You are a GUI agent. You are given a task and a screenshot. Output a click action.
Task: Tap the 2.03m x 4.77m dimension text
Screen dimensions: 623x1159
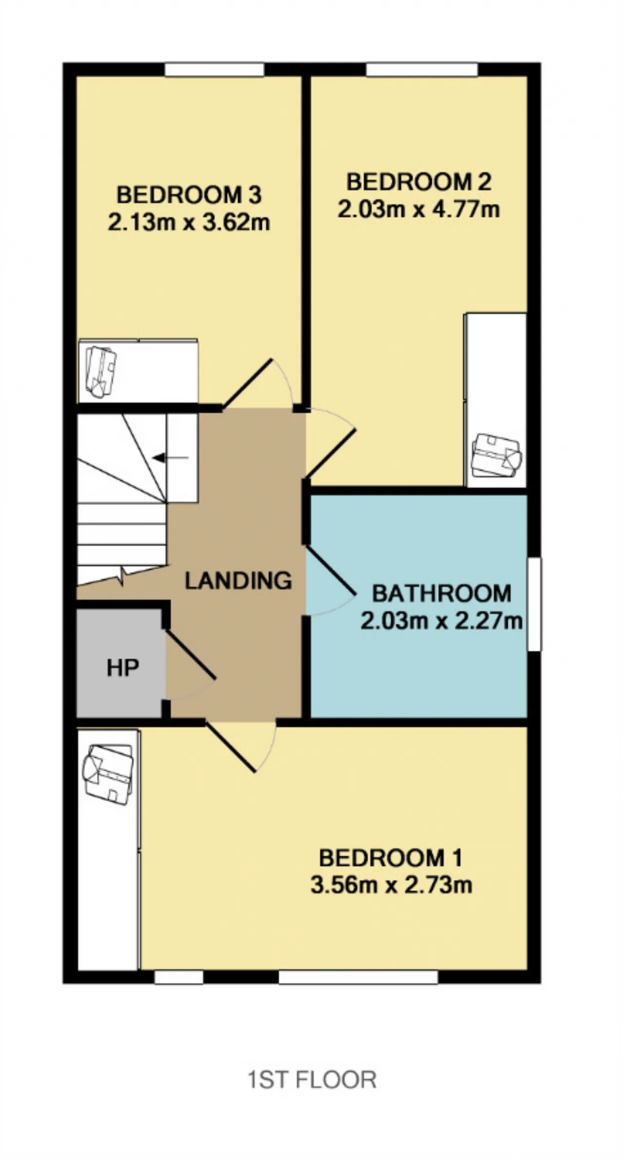click(419, 210)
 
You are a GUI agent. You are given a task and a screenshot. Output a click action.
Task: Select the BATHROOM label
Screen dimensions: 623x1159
click(441, 593)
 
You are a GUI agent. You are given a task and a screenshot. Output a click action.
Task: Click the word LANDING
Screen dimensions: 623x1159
click(238, 580)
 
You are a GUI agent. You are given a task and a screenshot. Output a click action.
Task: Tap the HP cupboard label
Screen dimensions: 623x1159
click(123, 668)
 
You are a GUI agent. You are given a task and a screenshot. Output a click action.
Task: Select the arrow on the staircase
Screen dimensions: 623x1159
click(170, 457)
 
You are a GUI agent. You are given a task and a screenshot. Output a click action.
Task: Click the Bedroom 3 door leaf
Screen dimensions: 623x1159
click(248, 383)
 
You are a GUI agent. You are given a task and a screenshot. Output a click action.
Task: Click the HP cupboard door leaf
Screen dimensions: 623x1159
click(190, 654)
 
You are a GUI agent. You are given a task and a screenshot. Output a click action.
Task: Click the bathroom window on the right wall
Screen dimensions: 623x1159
click(534, 604)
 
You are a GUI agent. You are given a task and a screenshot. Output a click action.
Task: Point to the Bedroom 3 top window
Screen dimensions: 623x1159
click(214, 69)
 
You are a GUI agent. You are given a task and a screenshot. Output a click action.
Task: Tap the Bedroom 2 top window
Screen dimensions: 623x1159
click(422, 69)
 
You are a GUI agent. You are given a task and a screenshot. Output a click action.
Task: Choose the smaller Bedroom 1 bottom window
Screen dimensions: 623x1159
click(179, 977)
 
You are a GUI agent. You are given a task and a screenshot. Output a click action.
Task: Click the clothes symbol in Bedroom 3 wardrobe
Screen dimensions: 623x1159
click(101, 372)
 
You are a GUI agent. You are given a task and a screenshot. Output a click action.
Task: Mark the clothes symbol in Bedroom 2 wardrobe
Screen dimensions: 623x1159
click(496, 455)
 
